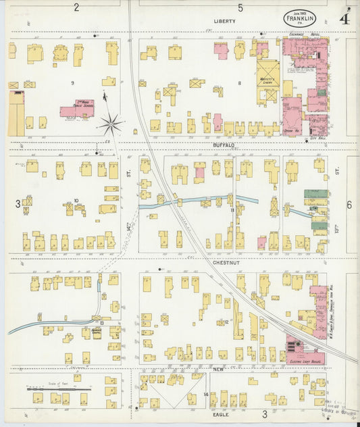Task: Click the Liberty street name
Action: pos(225,22)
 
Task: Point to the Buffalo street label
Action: pos(224,145)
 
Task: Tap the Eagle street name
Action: pos(221,414)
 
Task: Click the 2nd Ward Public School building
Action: pos(76,111)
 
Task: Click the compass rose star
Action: pos(111,124)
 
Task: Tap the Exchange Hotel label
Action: pos(305,34)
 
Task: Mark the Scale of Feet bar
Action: pos(59,388)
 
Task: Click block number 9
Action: pos(72,82)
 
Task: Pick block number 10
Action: pos(76,200)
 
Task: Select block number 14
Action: pos(205,394)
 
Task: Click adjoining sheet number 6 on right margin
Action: pos(349,205)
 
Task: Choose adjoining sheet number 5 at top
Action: pos(240,7)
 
